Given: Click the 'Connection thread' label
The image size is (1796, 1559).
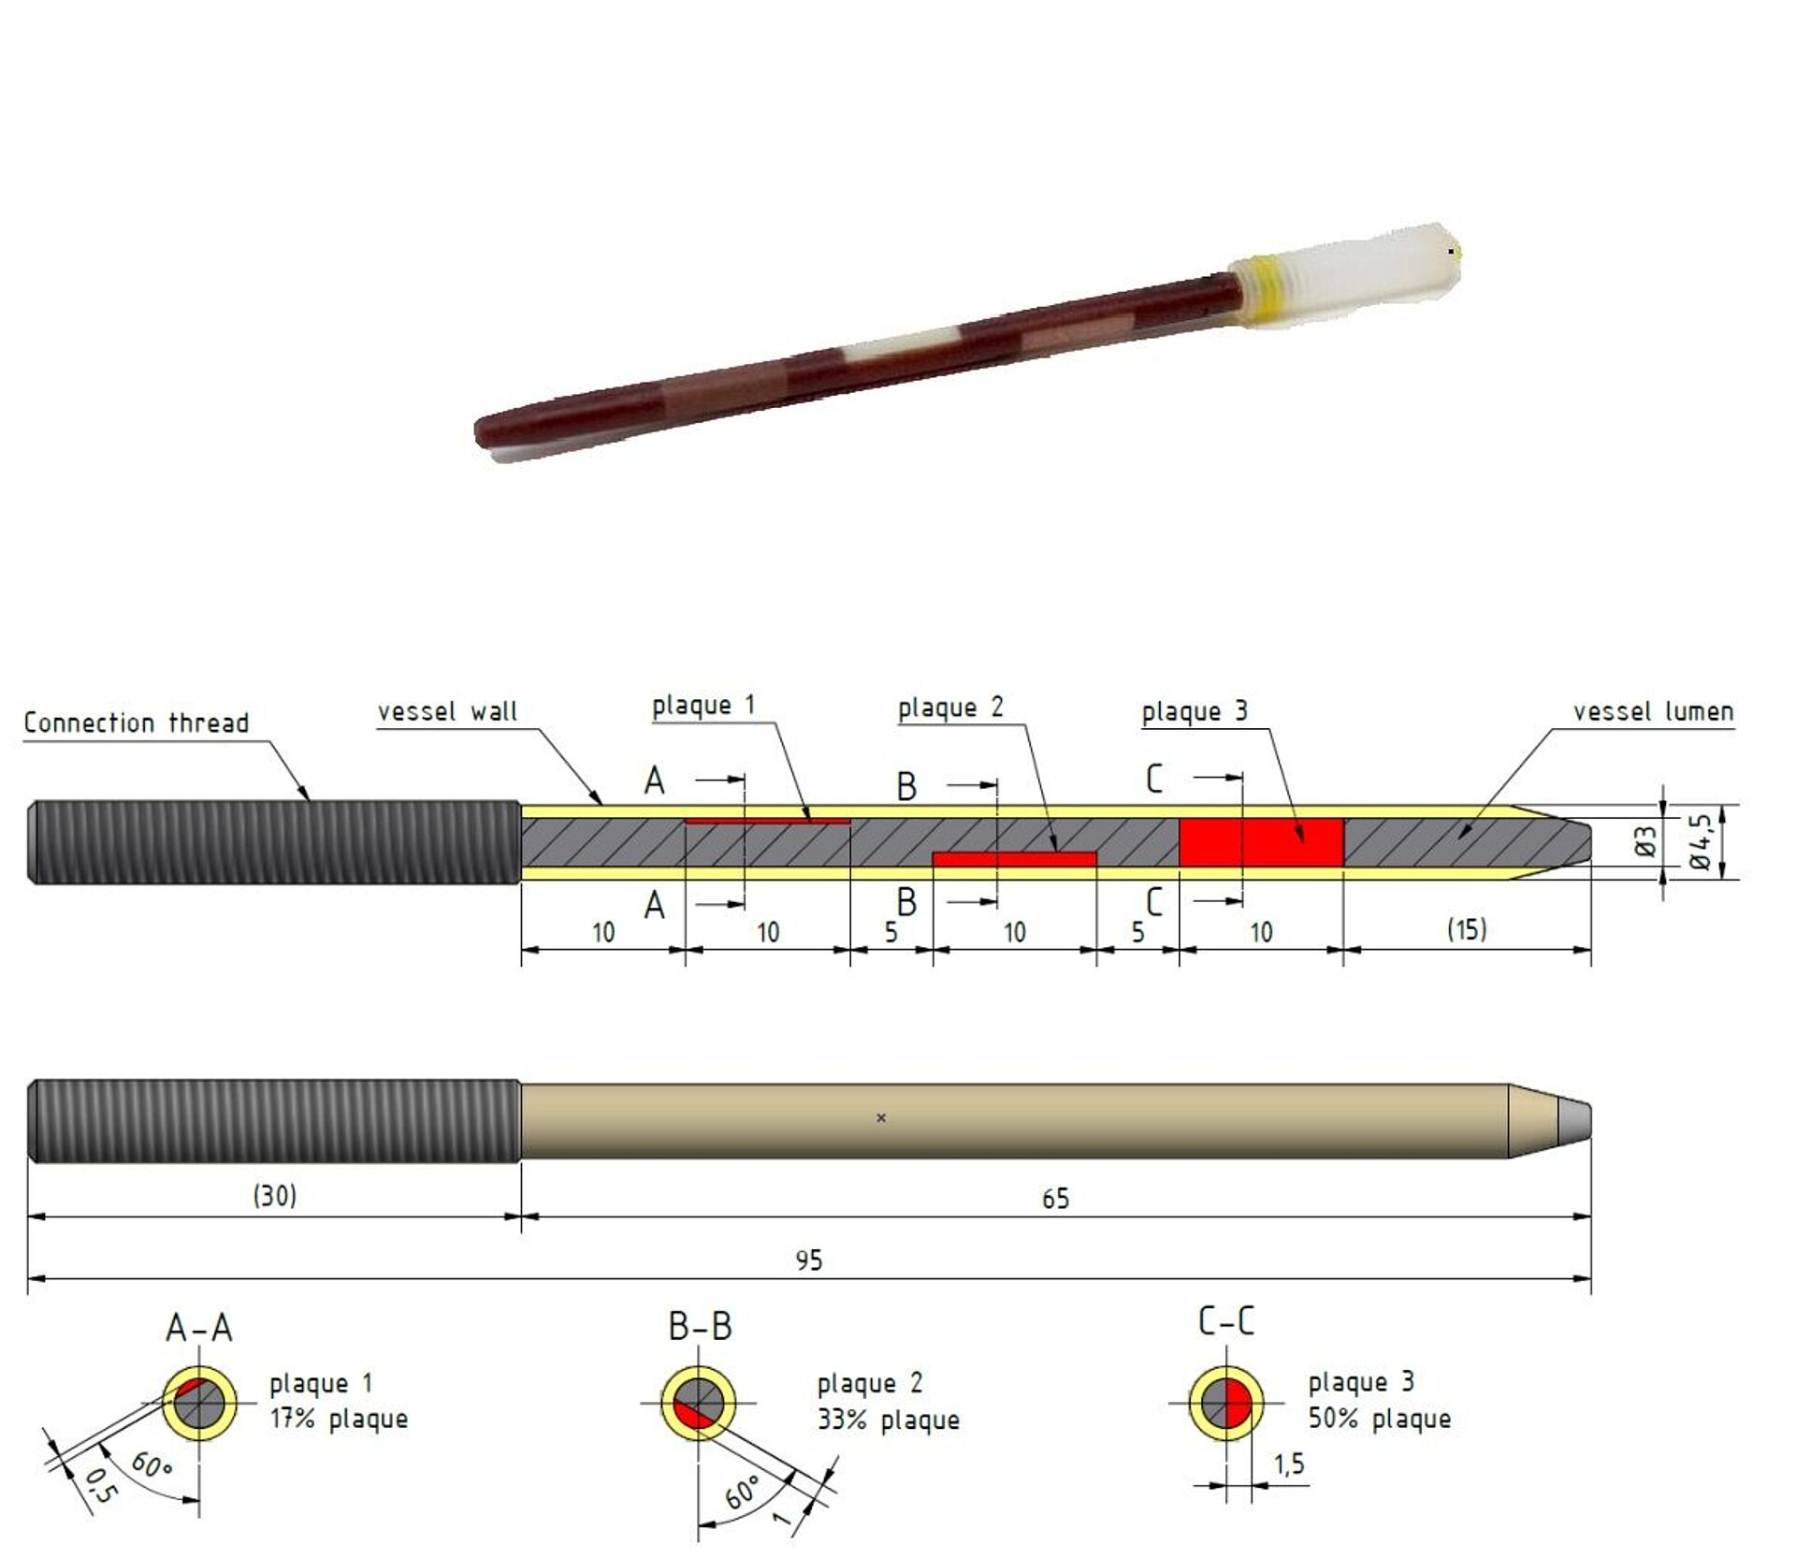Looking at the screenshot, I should pos(137,722).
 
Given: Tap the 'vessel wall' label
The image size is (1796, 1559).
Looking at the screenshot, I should pos(447,712).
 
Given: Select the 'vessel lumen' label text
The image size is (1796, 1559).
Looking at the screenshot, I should pos(1653,712).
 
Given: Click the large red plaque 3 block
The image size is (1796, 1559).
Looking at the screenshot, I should pos(1260,842).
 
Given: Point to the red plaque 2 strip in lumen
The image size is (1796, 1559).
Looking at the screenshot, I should pos(1014,858).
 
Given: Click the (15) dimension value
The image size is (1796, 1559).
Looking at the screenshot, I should pos(1466,929).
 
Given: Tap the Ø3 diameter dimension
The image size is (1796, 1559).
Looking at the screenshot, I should pos(1646,841).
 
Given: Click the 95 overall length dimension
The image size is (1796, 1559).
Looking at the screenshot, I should pos(809,1260).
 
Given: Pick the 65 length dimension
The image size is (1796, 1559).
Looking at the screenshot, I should pos(1055,1199).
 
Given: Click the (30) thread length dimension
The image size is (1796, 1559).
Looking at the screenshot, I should pos(274,1195).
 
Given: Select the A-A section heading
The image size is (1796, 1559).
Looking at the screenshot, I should pos(198,1328).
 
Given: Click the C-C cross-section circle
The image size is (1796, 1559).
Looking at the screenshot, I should pos(1226,1403).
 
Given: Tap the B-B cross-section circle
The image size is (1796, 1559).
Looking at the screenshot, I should pos(698,1403).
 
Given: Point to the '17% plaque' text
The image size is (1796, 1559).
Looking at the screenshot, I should pos(339,1419).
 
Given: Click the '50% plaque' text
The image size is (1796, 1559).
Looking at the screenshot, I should pos(1379,1419).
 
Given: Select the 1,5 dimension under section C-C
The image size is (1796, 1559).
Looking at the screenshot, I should pos(1288,1464).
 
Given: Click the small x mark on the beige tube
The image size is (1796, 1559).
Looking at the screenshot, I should pos(880,1117).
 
